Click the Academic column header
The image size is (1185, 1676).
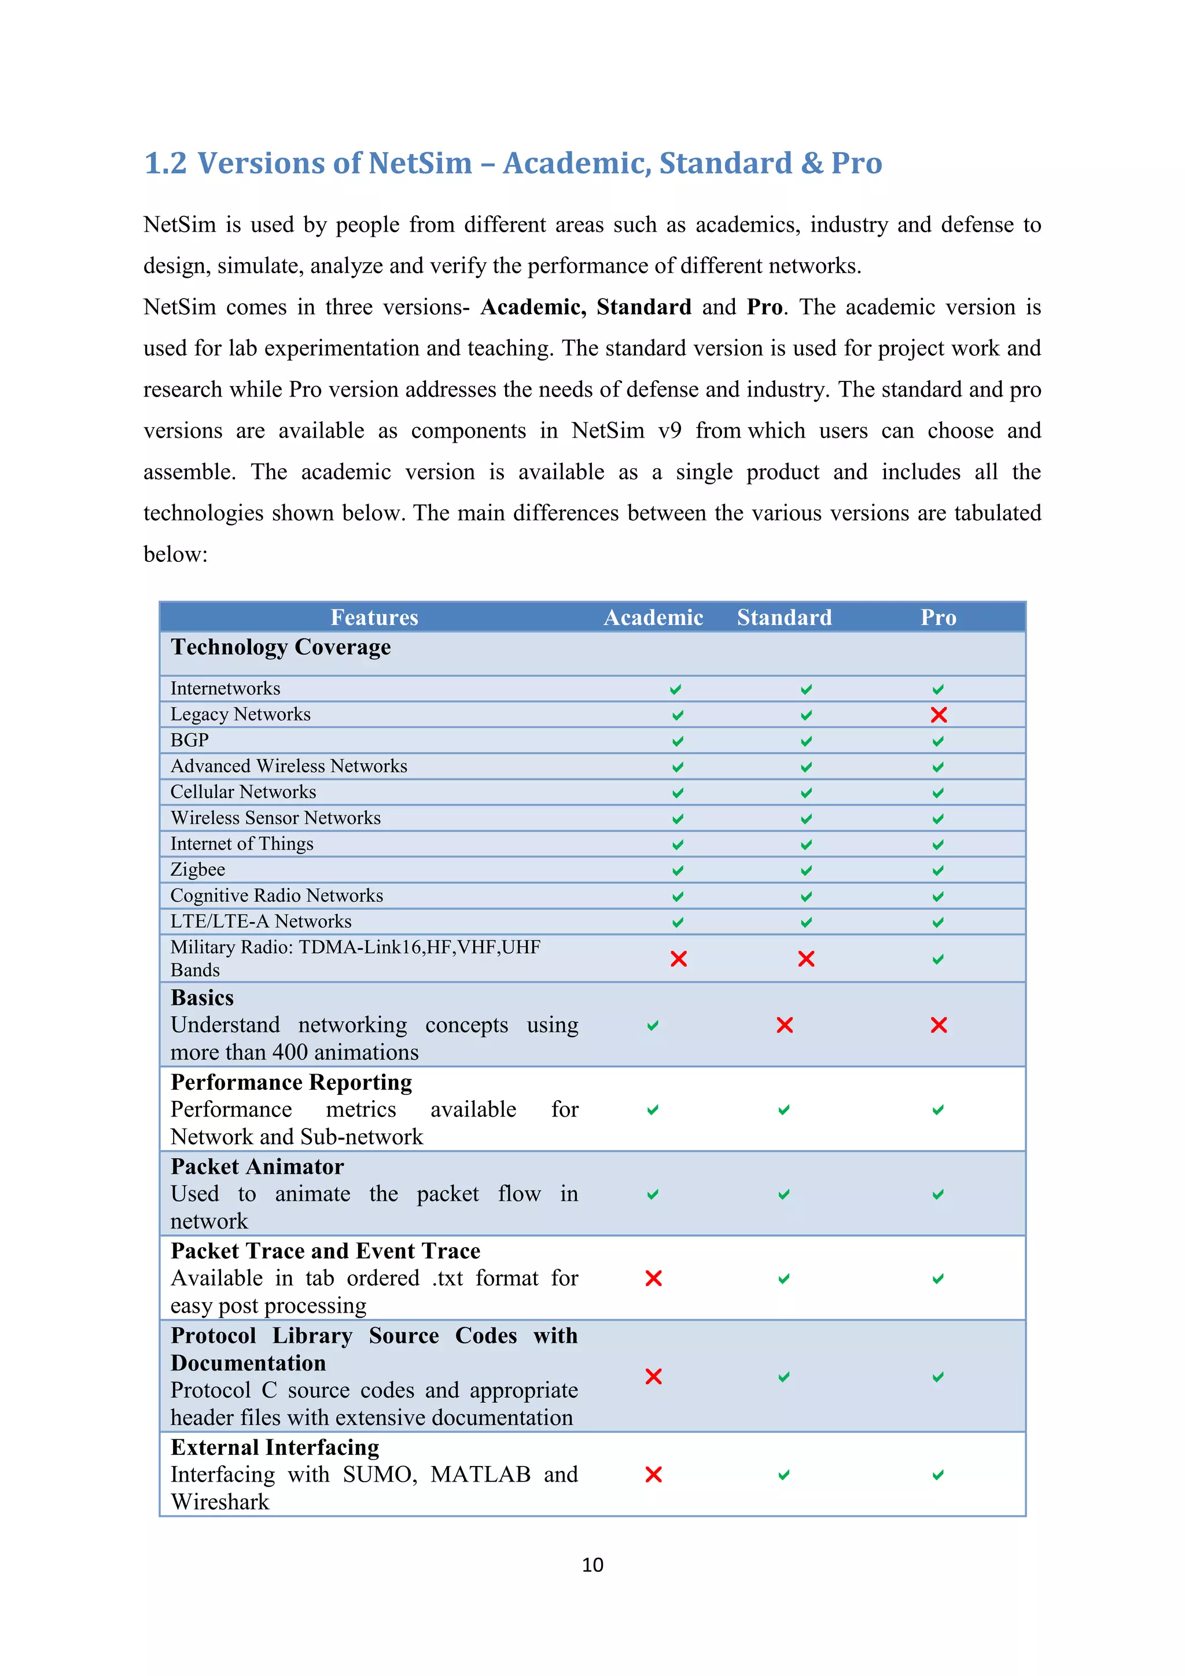pyautogui.click(x=653, y=618)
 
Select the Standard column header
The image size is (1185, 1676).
pyautogui.click(x=785, y=618)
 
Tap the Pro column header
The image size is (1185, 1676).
pyautogui.click(x=937, y=618)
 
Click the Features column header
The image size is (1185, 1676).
pyautogui.click(x=374, y=618)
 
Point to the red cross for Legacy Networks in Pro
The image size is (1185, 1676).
pyautogui.click(x=939, y=715)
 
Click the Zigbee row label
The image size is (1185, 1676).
pyautogui.click(x=198, y=869)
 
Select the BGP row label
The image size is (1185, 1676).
pyautogui.click(x=190, y=740)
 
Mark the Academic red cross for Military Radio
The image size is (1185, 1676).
pyautogui.click(x=679, y=958)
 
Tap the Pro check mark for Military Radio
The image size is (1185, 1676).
pyautogui.click(x=937, y=959)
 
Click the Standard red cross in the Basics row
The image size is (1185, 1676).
pyautogui.click(x=785, y=1025)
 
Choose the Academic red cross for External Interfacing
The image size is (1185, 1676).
pyautogui.click(x=653, y=1475)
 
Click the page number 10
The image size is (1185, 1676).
pyautogui.click(x=592, y=1564)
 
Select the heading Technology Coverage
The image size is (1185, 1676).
pyautogui.click(x=280, y=648)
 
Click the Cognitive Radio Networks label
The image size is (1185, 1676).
pyautogui.click(x=277, y=896)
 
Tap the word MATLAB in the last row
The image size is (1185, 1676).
pyautogui.click(x=480, y=1475)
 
